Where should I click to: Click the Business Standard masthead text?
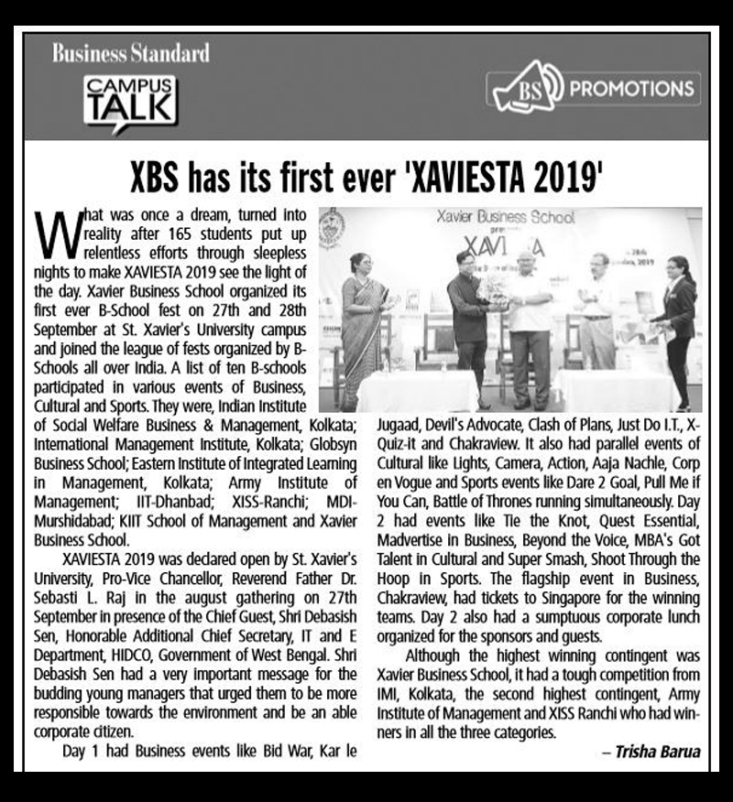[131, 53]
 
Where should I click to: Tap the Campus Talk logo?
[128, 99]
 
